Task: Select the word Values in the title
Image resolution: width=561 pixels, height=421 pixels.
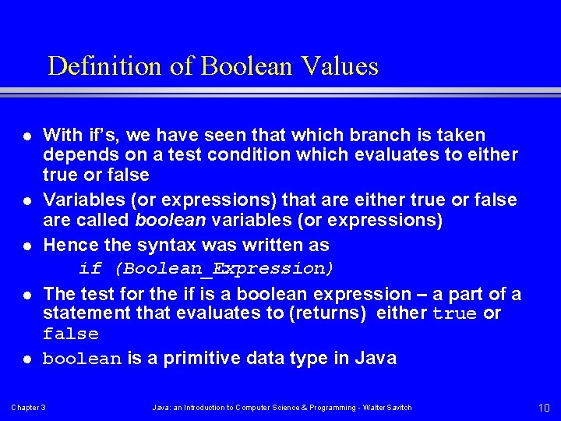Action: (347, 66)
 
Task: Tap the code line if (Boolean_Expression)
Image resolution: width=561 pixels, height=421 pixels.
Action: (206, 269)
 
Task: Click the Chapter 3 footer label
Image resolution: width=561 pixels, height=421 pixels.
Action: (28, 408)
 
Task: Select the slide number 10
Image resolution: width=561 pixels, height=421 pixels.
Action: (544, 408)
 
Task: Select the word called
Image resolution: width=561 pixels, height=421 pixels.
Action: (104, 220)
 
